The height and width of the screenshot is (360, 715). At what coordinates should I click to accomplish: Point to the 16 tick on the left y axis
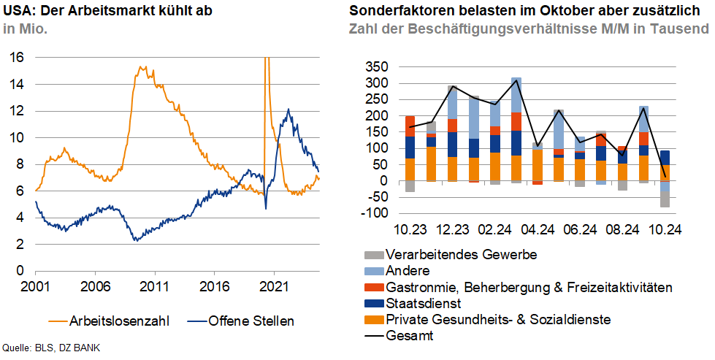(18, 57)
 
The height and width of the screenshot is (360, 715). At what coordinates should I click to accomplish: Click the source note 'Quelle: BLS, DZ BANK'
(51, 348)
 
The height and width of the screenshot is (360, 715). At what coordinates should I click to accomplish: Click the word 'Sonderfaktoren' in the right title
(396, 10)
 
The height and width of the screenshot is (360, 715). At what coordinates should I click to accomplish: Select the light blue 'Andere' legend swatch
(371, 272)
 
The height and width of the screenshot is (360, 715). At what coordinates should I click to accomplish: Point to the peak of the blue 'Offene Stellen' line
(288, 110)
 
